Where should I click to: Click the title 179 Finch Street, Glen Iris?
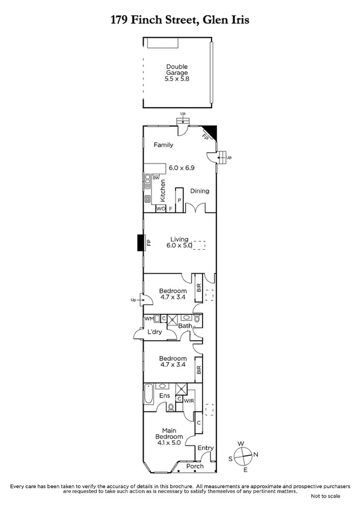(180, 20)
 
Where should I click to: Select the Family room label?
(163, 145)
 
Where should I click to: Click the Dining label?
(200, 191)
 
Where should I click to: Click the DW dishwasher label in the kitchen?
(156, 179)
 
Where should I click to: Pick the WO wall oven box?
(160, 209)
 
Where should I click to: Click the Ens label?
(163, 396)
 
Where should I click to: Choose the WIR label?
(188, 400)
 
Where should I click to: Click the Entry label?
(205, 447)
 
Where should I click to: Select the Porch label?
(194, 466)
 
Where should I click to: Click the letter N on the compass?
(255, 455)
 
